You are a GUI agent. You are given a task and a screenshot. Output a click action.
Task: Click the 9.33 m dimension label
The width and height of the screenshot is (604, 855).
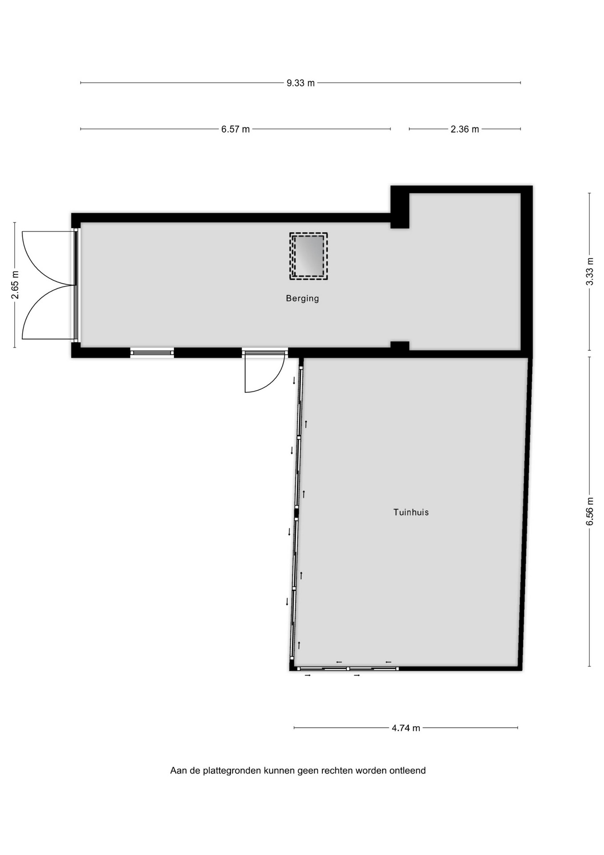pyautogui.click(x=301, y=83)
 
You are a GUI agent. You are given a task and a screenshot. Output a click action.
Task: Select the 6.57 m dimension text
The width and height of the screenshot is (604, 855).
pyautogui.click(x=236, y=129)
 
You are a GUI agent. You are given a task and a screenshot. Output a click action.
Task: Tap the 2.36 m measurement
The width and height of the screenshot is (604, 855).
pyautogui.click(x=465, y=129)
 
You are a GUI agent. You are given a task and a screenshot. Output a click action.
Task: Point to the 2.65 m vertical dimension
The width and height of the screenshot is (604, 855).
pyautogui.click(x=15, y=285)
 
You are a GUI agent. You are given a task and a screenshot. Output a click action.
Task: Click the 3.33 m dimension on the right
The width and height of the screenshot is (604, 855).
pyautogui.click(x=590, y=272)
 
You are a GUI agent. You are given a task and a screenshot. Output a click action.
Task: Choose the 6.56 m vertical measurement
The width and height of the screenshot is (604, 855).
pyautogui.click(x=590, y=511)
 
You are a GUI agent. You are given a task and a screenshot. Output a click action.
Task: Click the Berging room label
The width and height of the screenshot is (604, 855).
pyautogui.click(x=302, y=298)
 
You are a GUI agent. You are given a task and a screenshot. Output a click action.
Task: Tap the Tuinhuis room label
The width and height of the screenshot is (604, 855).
pyautogui.click(x=411, y=512)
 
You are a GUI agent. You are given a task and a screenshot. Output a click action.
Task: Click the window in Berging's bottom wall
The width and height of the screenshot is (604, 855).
pyautogui.click(x=152, y=353)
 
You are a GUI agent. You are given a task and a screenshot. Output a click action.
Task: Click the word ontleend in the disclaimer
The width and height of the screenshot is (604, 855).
pyautogui.click(x=407, y=770)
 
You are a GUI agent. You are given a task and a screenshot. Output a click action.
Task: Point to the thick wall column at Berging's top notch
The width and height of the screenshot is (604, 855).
pyautogui.click(x=399, y=208)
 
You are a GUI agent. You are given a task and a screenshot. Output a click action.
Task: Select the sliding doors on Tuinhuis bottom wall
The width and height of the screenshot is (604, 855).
pyautogui.click(x=348, y=668)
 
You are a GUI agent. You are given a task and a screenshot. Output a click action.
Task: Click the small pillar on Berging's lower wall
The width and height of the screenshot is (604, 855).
pyautogui.click(x=399, y=346)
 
